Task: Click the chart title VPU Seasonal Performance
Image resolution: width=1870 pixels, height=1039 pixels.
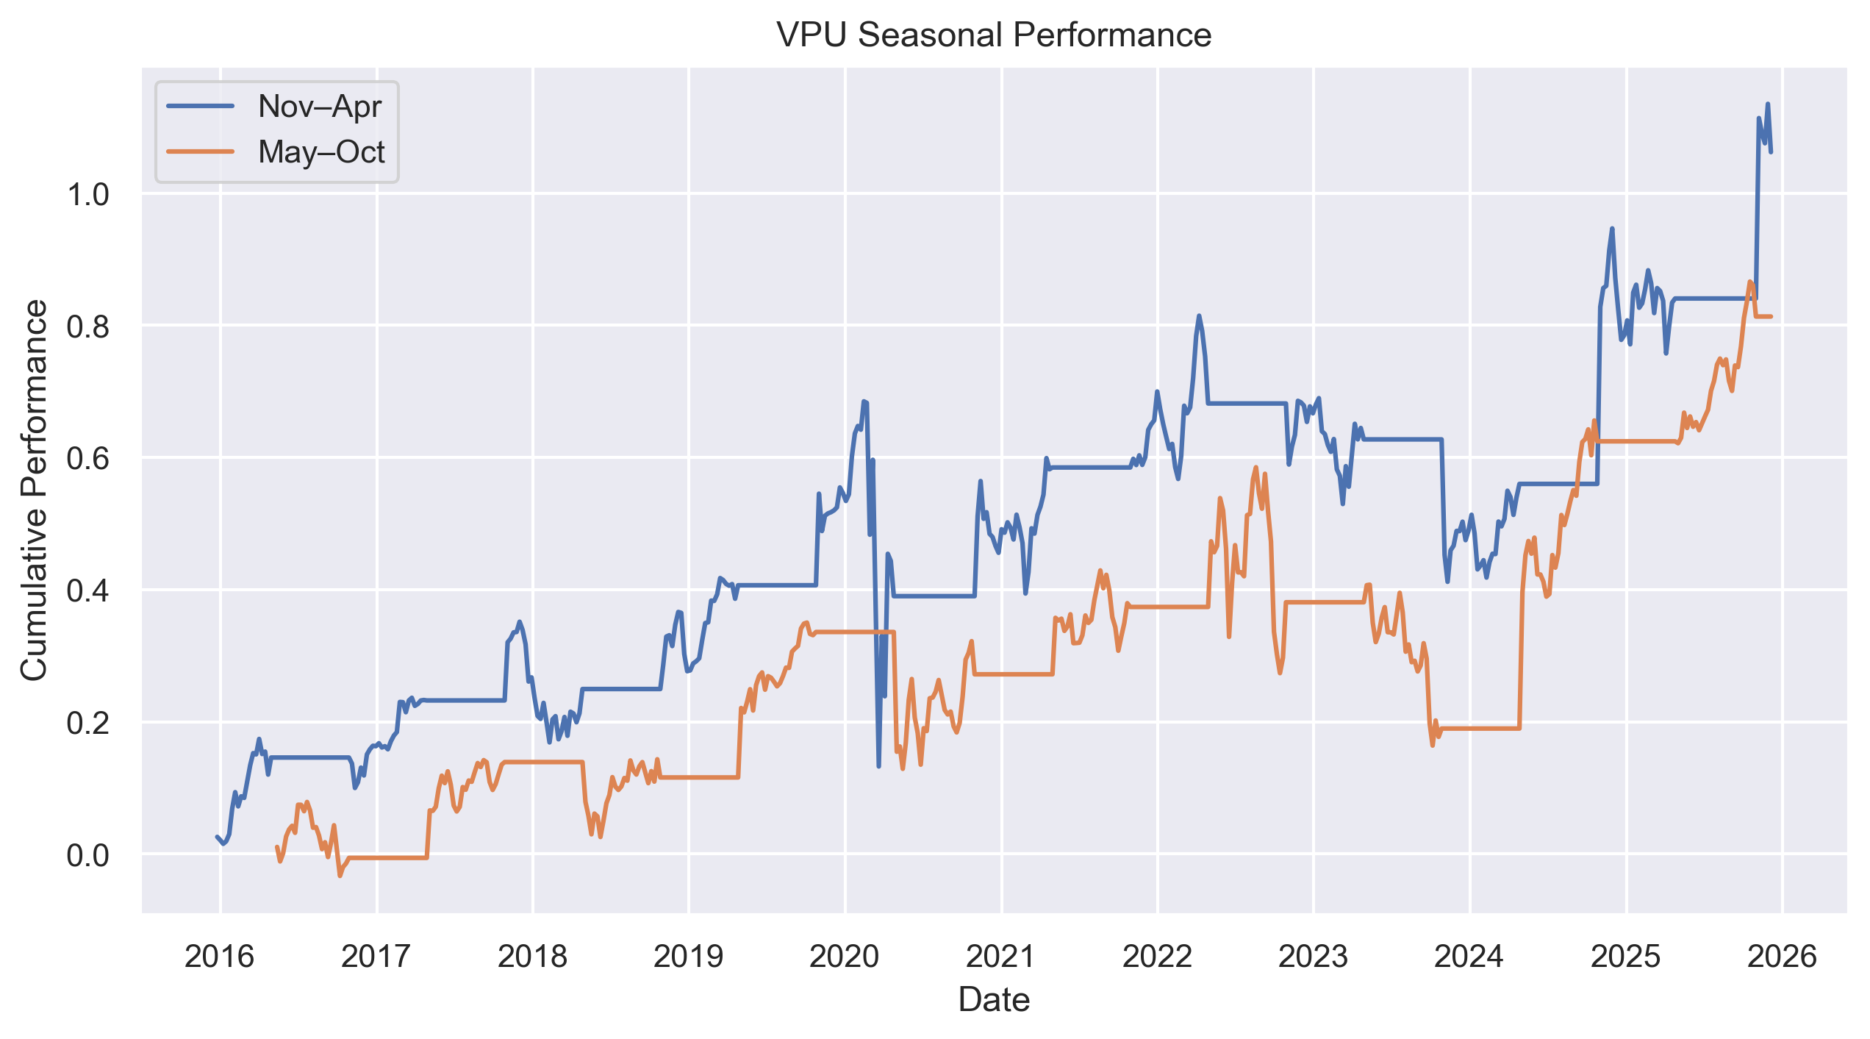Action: (994, 35)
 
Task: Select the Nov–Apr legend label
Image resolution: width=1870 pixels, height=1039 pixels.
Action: (320, 107)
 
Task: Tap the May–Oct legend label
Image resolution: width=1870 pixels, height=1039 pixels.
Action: (321, 152)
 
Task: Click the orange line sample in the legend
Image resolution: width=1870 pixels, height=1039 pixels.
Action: (201, 152)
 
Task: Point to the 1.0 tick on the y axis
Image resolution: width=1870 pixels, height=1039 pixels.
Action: (87, 195)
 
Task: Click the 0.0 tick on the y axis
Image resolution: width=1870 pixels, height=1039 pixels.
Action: (87, 855)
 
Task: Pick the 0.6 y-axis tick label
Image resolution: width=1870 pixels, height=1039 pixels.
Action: (87, 459)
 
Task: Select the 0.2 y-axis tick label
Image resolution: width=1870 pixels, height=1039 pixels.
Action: (87, 723)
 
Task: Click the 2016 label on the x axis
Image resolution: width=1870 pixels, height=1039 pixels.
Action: (219, 957)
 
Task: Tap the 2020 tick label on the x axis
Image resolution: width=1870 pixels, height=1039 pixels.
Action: (845, 957)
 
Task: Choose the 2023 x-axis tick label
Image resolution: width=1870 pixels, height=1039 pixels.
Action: (1314, 957)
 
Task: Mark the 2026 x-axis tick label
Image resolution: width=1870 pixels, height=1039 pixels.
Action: (1782, 957)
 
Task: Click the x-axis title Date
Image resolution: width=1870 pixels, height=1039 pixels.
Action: (994, 1000)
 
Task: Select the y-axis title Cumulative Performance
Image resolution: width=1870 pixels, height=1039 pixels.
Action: (35, 490)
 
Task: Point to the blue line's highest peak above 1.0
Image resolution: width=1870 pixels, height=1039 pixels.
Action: (1768, 104)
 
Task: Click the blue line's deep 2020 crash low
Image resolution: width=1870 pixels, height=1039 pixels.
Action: (878, 766)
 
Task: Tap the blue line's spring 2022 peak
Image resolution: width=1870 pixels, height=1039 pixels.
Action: (1199, 316)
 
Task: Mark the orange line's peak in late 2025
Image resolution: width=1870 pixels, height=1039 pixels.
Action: (1750, 282)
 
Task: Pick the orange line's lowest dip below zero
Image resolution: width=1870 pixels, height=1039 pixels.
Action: (340, 875)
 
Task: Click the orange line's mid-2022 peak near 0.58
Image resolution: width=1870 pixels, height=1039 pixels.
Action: (1255, 468)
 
